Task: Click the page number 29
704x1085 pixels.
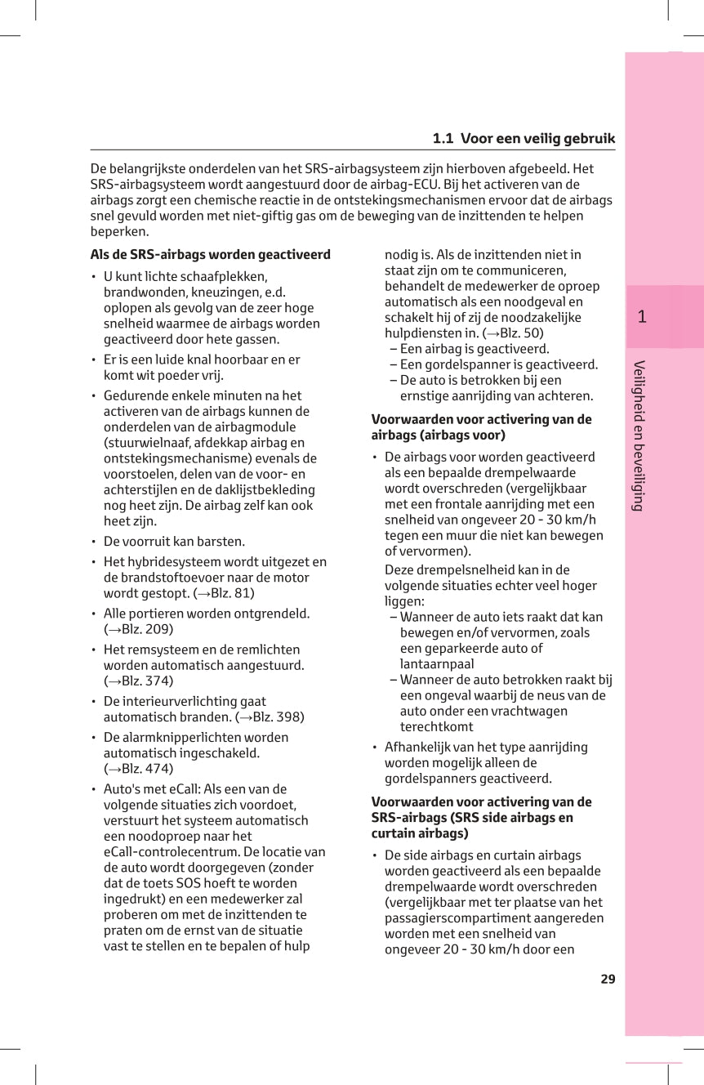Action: (x=608, y=979)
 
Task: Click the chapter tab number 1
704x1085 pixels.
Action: (x=642, y=317)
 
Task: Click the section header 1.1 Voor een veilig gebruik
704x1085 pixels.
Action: (x=524, y=139)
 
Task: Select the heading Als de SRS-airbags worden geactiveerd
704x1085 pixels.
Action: (x=210, y=255)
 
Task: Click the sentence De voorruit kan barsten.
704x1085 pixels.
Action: (x=174, y=542)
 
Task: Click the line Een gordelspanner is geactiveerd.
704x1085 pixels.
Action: (x=498, y=364)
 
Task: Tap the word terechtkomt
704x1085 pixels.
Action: (x=436, y=726)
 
